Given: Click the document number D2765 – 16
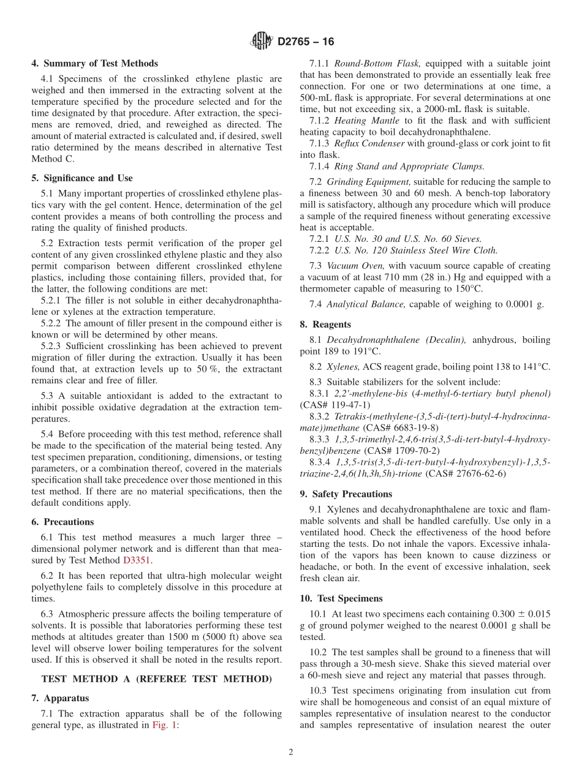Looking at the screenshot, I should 306,42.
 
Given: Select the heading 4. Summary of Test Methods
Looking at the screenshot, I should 94,64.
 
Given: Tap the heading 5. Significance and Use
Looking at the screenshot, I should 81,178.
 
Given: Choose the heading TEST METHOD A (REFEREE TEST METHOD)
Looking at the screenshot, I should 156,679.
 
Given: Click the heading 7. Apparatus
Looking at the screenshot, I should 60,698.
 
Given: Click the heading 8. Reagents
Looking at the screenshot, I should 325,325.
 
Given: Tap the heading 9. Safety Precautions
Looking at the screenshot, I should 346,494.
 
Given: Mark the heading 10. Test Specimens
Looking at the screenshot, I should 341,598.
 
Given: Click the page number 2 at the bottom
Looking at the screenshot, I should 291,753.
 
